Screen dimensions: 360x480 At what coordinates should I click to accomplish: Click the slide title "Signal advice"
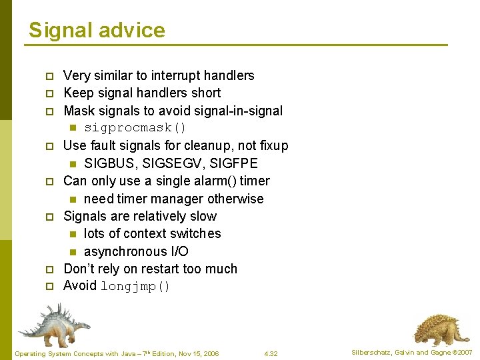(97, 30)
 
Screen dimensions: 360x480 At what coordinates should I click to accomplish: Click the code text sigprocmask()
(135, 128)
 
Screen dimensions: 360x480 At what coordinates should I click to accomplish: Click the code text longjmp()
(135, 287)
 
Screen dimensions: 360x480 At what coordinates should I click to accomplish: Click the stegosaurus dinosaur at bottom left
(53, 324)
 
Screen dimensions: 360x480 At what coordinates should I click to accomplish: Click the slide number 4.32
(271, 353)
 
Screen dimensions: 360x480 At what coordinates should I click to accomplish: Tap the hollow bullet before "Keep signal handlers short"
(49, 93)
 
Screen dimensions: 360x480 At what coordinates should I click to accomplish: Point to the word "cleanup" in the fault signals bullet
(205, 145)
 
